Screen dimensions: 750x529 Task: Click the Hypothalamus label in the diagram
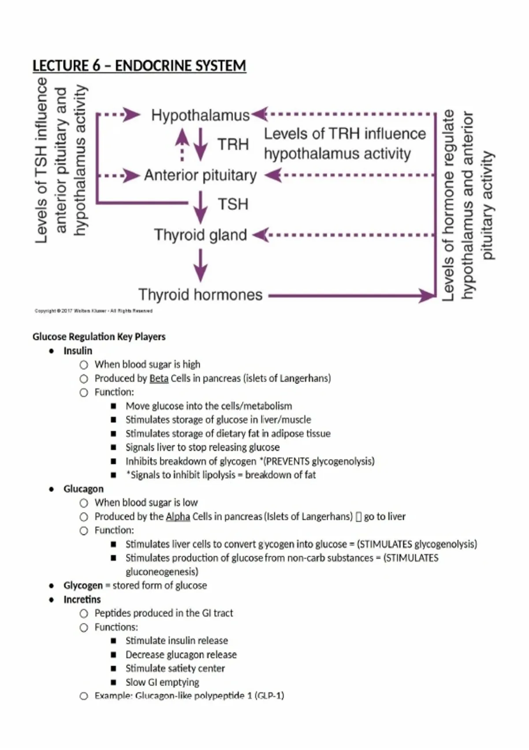click(200, 116)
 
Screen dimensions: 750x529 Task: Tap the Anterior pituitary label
click(200, 176)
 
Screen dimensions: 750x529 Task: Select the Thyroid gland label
click(200, 235)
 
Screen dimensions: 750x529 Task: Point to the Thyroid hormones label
click(200, 295)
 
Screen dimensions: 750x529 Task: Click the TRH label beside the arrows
click(233, 144)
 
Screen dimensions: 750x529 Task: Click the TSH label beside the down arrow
click(233, 204)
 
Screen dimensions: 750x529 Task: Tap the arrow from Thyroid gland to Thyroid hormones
click(201, 265)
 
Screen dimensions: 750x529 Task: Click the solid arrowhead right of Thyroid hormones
click(427, 295)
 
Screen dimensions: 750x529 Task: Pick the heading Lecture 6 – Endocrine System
click(139, 66)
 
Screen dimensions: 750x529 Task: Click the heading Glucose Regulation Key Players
click(99, 337)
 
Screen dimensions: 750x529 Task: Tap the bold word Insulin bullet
click(78, 351)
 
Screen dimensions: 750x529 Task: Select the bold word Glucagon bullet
click(83, 489)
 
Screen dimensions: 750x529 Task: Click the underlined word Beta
click(159, 379)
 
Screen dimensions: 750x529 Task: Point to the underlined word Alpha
click(178, 517)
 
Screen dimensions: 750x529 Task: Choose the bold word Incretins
click(82, 600)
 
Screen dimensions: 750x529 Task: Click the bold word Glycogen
click(83, 585)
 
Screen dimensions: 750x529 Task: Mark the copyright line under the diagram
click(93, 311)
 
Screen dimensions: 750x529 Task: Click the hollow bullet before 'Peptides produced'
click(84, 614)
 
